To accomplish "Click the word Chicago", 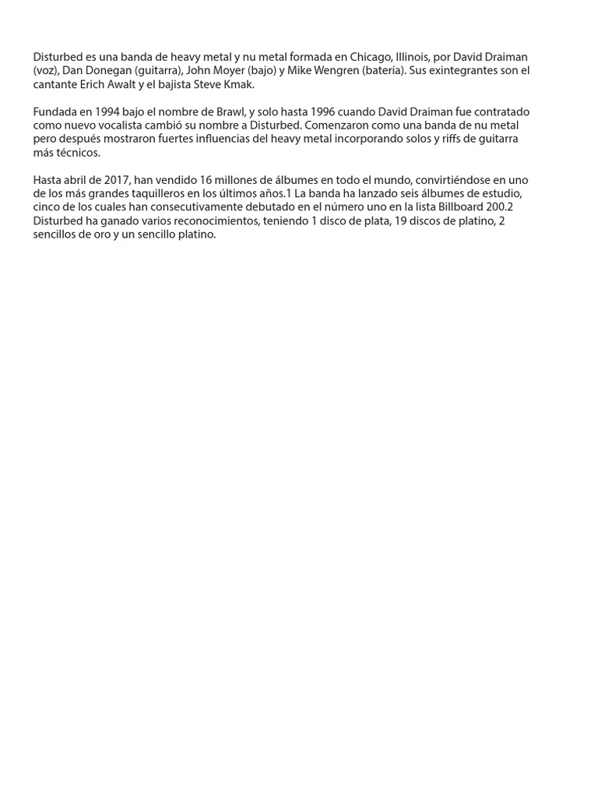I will click(371, 57).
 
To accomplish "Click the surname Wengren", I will click(338, 71).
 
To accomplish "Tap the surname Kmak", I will click(238, 84).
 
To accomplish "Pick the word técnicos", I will click(77, 153).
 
